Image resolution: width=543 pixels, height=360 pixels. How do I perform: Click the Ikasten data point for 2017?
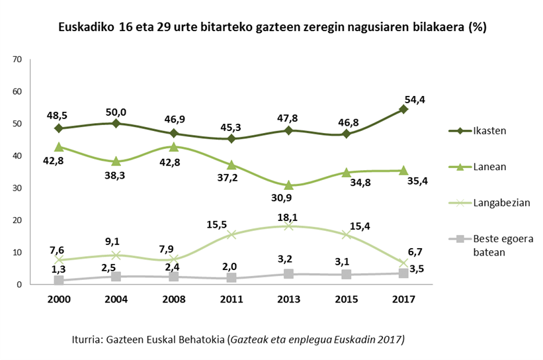403,109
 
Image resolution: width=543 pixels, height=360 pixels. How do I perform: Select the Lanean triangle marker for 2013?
288,185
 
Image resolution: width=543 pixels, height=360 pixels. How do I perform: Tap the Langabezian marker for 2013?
288,226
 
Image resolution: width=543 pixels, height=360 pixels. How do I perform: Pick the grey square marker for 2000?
59,281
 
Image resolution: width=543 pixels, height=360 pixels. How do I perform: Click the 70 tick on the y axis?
18,60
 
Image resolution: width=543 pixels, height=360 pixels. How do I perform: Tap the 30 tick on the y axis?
18,189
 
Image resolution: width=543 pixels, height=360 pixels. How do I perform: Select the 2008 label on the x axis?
173,299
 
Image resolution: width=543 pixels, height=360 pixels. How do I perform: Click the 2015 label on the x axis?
346,299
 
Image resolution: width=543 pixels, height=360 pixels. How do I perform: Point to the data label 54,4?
415,99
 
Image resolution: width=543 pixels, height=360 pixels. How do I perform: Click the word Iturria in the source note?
89,339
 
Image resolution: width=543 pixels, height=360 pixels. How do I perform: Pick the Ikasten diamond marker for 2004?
116,123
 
